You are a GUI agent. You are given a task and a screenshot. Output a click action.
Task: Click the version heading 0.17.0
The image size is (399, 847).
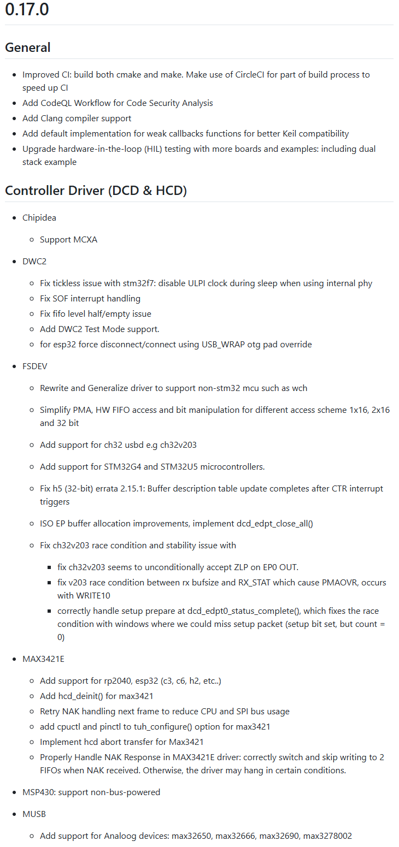tap(27, 9)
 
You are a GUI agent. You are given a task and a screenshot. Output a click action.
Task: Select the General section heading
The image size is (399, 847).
tap(28, 48)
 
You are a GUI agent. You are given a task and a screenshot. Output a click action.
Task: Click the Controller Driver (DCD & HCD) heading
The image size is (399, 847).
tap(96, 191)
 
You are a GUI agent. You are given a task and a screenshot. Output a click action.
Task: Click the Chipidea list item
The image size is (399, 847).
tap(39, 217)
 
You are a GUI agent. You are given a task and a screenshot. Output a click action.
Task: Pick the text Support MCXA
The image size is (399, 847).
tap(68, 239)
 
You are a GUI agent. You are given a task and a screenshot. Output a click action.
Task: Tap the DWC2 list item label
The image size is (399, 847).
tap(34, 261)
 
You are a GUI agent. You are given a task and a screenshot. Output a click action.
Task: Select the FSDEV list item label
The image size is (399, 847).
tap(35, 366)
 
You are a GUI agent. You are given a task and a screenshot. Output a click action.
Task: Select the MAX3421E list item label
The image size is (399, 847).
tap(43, 659)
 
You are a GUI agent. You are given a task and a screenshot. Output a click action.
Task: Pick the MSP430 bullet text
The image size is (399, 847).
tap(91, 792)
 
